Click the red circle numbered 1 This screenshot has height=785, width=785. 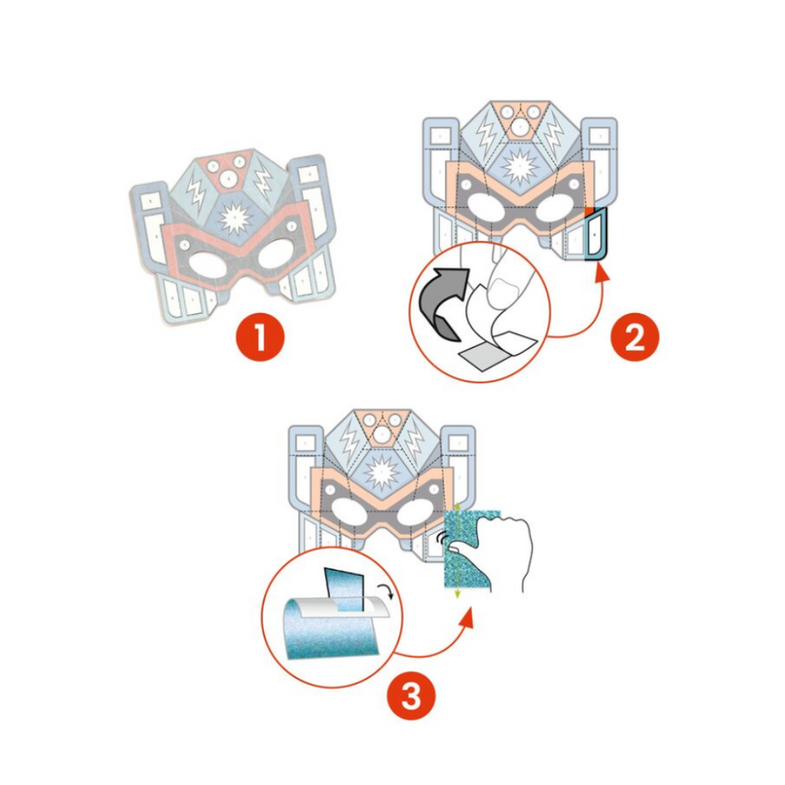click(262, 339)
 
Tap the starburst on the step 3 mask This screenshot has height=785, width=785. click(382, 474)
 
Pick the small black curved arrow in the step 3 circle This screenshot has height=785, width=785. click(390, 594)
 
